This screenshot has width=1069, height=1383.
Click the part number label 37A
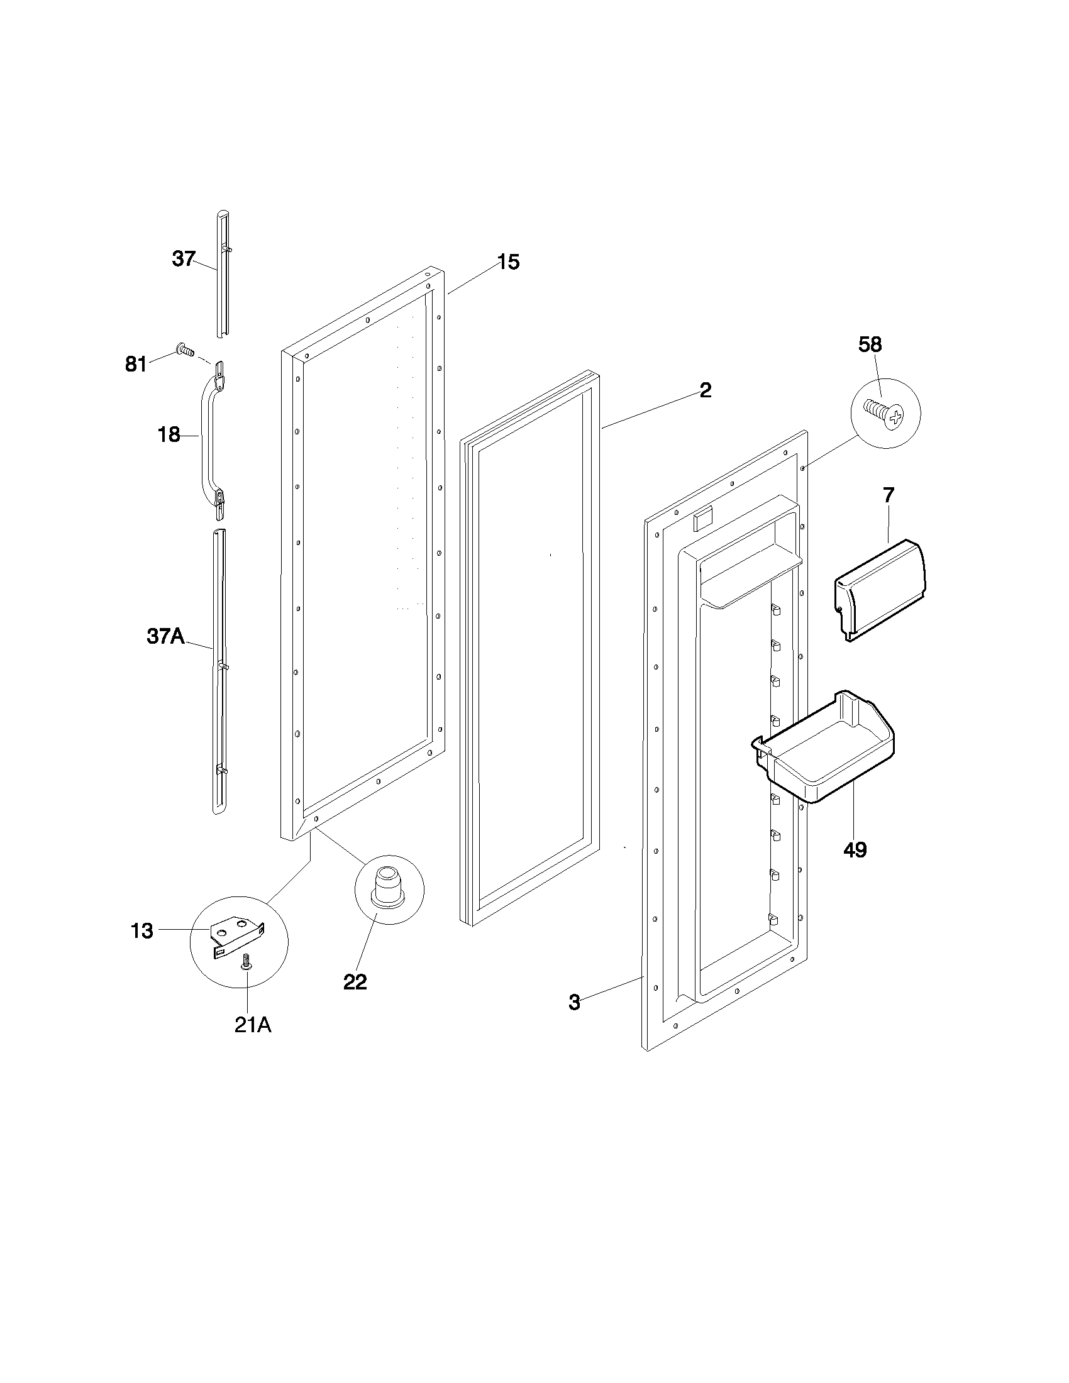(165, 636)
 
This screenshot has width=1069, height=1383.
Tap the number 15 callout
(508, 262)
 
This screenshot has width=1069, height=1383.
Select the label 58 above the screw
(870, 344)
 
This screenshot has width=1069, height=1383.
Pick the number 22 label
(355, 982)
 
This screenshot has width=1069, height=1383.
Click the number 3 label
(573, 1003)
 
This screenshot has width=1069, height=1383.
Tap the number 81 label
(136, 364)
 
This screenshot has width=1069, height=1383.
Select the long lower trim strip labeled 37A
(219, 671)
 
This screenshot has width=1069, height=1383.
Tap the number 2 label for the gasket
(705, 390)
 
